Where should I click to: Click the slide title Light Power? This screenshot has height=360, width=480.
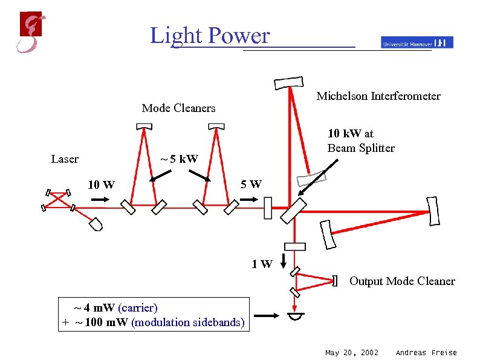pos(210,36)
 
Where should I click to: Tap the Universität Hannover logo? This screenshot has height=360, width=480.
pos(417,42)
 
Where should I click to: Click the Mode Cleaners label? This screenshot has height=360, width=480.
pos(178,108)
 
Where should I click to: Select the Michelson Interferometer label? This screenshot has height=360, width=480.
pos(378,96)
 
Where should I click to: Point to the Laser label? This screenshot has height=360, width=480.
pos(65,159)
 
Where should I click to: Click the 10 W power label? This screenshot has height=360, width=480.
pos(101,185)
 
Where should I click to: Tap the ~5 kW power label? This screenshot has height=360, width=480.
pos(178,160)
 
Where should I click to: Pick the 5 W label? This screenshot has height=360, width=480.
pos(251,184)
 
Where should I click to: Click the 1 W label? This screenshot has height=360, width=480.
pos(262,264)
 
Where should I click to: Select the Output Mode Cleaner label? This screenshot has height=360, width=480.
pos(402,281)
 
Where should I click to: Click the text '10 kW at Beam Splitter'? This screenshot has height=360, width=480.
pos(361,141)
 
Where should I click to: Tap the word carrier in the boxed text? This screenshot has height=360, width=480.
pos(138,307)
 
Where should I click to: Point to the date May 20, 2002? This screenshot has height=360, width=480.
pos(352,353)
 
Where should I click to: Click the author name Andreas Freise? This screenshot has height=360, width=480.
pos(426,353)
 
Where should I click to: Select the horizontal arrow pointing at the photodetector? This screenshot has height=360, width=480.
pos(267,315)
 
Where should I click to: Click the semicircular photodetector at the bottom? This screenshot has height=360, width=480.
pos(296,317)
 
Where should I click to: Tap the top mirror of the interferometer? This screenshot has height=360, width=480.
pos(288,82)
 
